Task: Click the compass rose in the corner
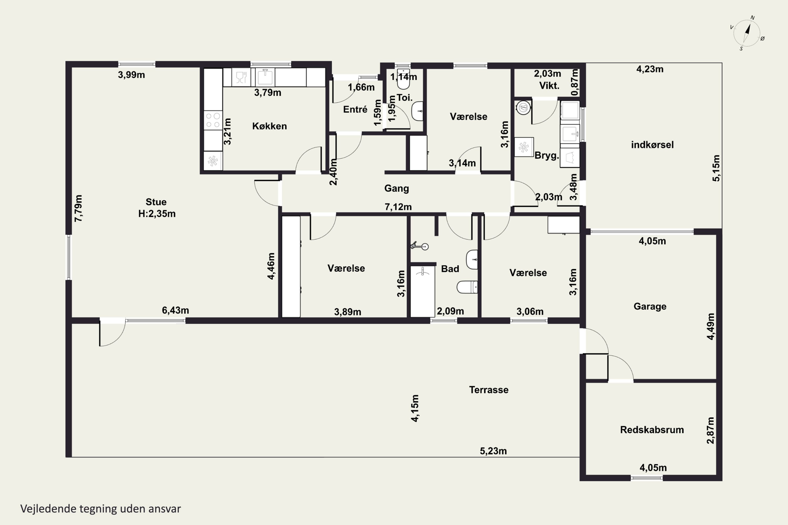tap(747, 33)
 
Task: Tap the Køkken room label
tap(269, 126)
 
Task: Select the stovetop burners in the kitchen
tap(213, 120)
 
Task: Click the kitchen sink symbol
tap(265, 77)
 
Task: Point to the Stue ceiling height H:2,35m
tap(157, 214)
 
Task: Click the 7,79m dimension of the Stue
tap(78, 208)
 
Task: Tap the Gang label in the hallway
tap(397, 188)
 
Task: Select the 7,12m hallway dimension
tap(398, 207)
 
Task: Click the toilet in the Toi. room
tap(403, 79)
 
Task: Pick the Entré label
tap(355, 109)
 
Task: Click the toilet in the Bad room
tap(467, 287)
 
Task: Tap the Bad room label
tap(450, 269)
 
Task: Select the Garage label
tap(650, 307)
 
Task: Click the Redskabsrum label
tap(652, 430)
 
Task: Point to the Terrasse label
tap(489, 390)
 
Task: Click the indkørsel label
tap(652, 145)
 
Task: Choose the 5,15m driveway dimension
tap(716, 169)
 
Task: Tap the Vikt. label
tap(549, 86)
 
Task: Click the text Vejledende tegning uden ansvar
tap(101, 509)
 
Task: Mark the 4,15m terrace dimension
tap(415, 408)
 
